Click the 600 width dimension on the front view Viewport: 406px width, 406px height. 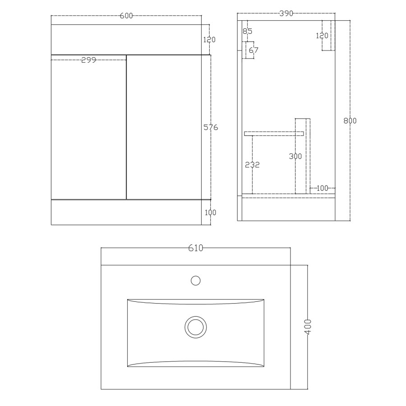coord(126,16)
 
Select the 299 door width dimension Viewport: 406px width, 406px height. coord(88,60)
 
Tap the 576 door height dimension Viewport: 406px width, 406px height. coord(211,128)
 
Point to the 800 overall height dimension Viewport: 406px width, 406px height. coord(350,120)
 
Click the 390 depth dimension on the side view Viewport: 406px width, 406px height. coord(286,14)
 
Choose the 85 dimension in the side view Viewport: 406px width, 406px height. coord(247,31)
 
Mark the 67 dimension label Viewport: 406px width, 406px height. coord(254,50)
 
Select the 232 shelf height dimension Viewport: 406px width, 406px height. coord(252,165)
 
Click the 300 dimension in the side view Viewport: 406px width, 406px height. coord(295,156)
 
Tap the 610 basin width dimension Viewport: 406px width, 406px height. coord(196,248)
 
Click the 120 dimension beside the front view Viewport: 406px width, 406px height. coord(209,40)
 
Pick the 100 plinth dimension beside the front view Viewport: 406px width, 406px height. coord(209,212)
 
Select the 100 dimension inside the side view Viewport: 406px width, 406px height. coord(322,188)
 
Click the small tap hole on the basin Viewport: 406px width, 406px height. coord(195,281)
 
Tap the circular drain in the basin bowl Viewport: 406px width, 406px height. coord(195,326)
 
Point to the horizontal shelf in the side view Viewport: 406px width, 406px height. coord(273,134)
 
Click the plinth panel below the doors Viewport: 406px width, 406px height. coord(126,212)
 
